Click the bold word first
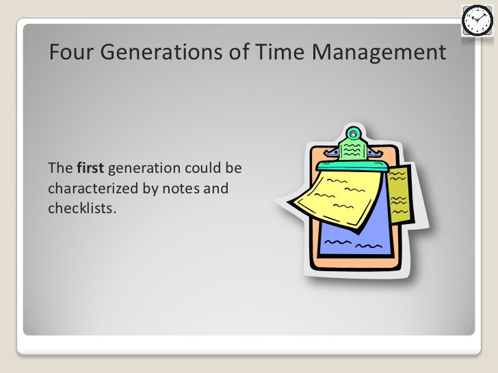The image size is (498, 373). tap(91, 168)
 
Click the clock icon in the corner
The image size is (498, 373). tap(475, 20)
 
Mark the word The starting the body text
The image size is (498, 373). tap(59, 168)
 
